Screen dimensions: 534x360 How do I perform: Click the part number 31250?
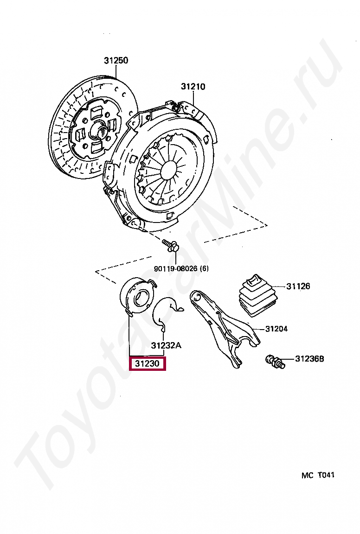point(116,61)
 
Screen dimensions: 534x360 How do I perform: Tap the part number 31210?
point(193,87)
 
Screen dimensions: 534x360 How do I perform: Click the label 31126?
point(298,286)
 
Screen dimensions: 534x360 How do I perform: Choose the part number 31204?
point(276,329)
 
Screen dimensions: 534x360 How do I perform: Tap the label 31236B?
point(309,359)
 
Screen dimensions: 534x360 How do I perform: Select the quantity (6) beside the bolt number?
point(205,268)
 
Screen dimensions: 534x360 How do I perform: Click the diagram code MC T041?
point(318,475)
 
